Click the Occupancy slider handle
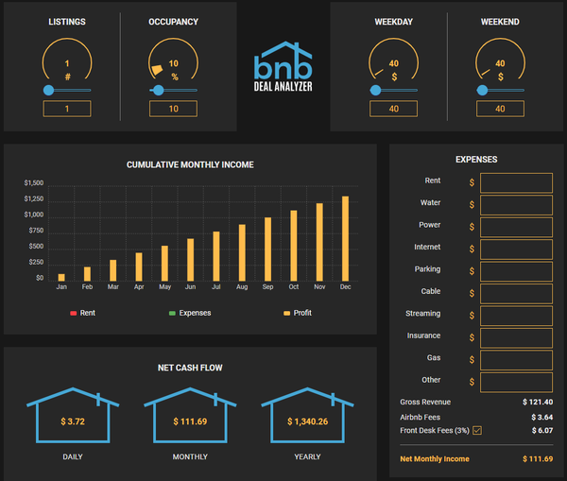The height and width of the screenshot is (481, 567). click(158, 91)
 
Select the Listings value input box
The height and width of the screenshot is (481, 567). click(67, 109)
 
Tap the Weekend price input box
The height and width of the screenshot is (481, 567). click(500, 109)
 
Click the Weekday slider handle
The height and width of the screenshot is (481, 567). click(377, 91)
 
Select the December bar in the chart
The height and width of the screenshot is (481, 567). click(345, 239)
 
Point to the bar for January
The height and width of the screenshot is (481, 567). click(61, 278)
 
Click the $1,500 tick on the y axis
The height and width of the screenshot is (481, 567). click(34, 182)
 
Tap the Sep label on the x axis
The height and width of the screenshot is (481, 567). click(267, 287)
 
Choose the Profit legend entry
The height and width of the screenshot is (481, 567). click(298, 313)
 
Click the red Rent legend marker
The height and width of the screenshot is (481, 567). click(73, 313)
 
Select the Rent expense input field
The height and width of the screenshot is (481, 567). click(516, 182)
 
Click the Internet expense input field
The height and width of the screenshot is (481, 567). click(516, 249)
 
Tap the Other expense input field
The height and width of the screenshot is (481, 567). click(516, 381)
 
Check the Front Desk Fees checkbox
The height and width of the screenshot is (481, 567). click(477, 431)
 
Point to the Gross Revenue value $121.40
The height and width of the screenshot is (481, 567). click(538, 402)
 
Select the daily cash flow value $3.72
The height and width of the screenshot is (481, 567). click(73, 421)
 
